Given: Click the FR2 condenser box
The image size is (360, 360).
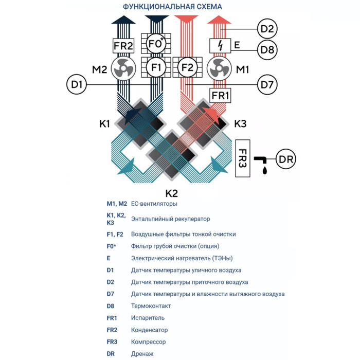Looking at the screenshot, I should [123, 46].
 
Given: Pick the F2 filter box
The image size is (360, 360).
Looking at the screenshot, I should [187, 67].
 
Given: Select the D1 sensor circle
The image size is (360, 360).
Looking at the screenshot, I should [77, 84].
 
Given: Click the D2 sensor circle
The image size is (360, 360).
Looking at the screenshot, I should [268, 28].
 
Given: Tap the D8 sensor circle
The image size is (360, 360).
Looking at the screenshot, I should [268, 50].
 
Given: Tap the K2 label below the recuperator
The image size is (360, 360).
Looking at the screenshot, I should [171, 194].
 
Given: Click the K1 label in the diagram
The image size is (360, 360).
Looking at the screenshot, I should [105, 124].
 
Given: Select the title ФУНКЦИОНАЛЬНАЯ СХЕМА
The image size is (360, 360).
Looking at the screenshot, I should [172, 7].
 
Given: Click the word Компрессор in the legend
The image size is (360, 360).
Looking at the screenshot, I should [149, 341].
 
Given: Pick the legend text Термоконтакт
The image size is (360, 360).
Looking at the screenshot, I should [151, 306].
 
